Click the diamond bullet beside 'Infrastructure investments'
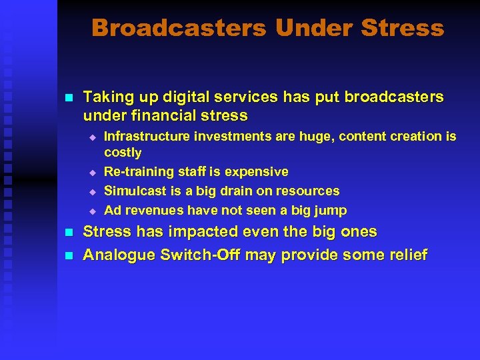[93, 137]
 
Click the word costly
[123, 153]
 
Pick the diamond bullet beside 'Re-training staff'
[93, 172]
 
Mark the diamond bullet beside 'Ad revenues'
[93, 211]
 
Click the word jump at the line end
[331, 211]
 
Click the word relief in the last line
[407, 255]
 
